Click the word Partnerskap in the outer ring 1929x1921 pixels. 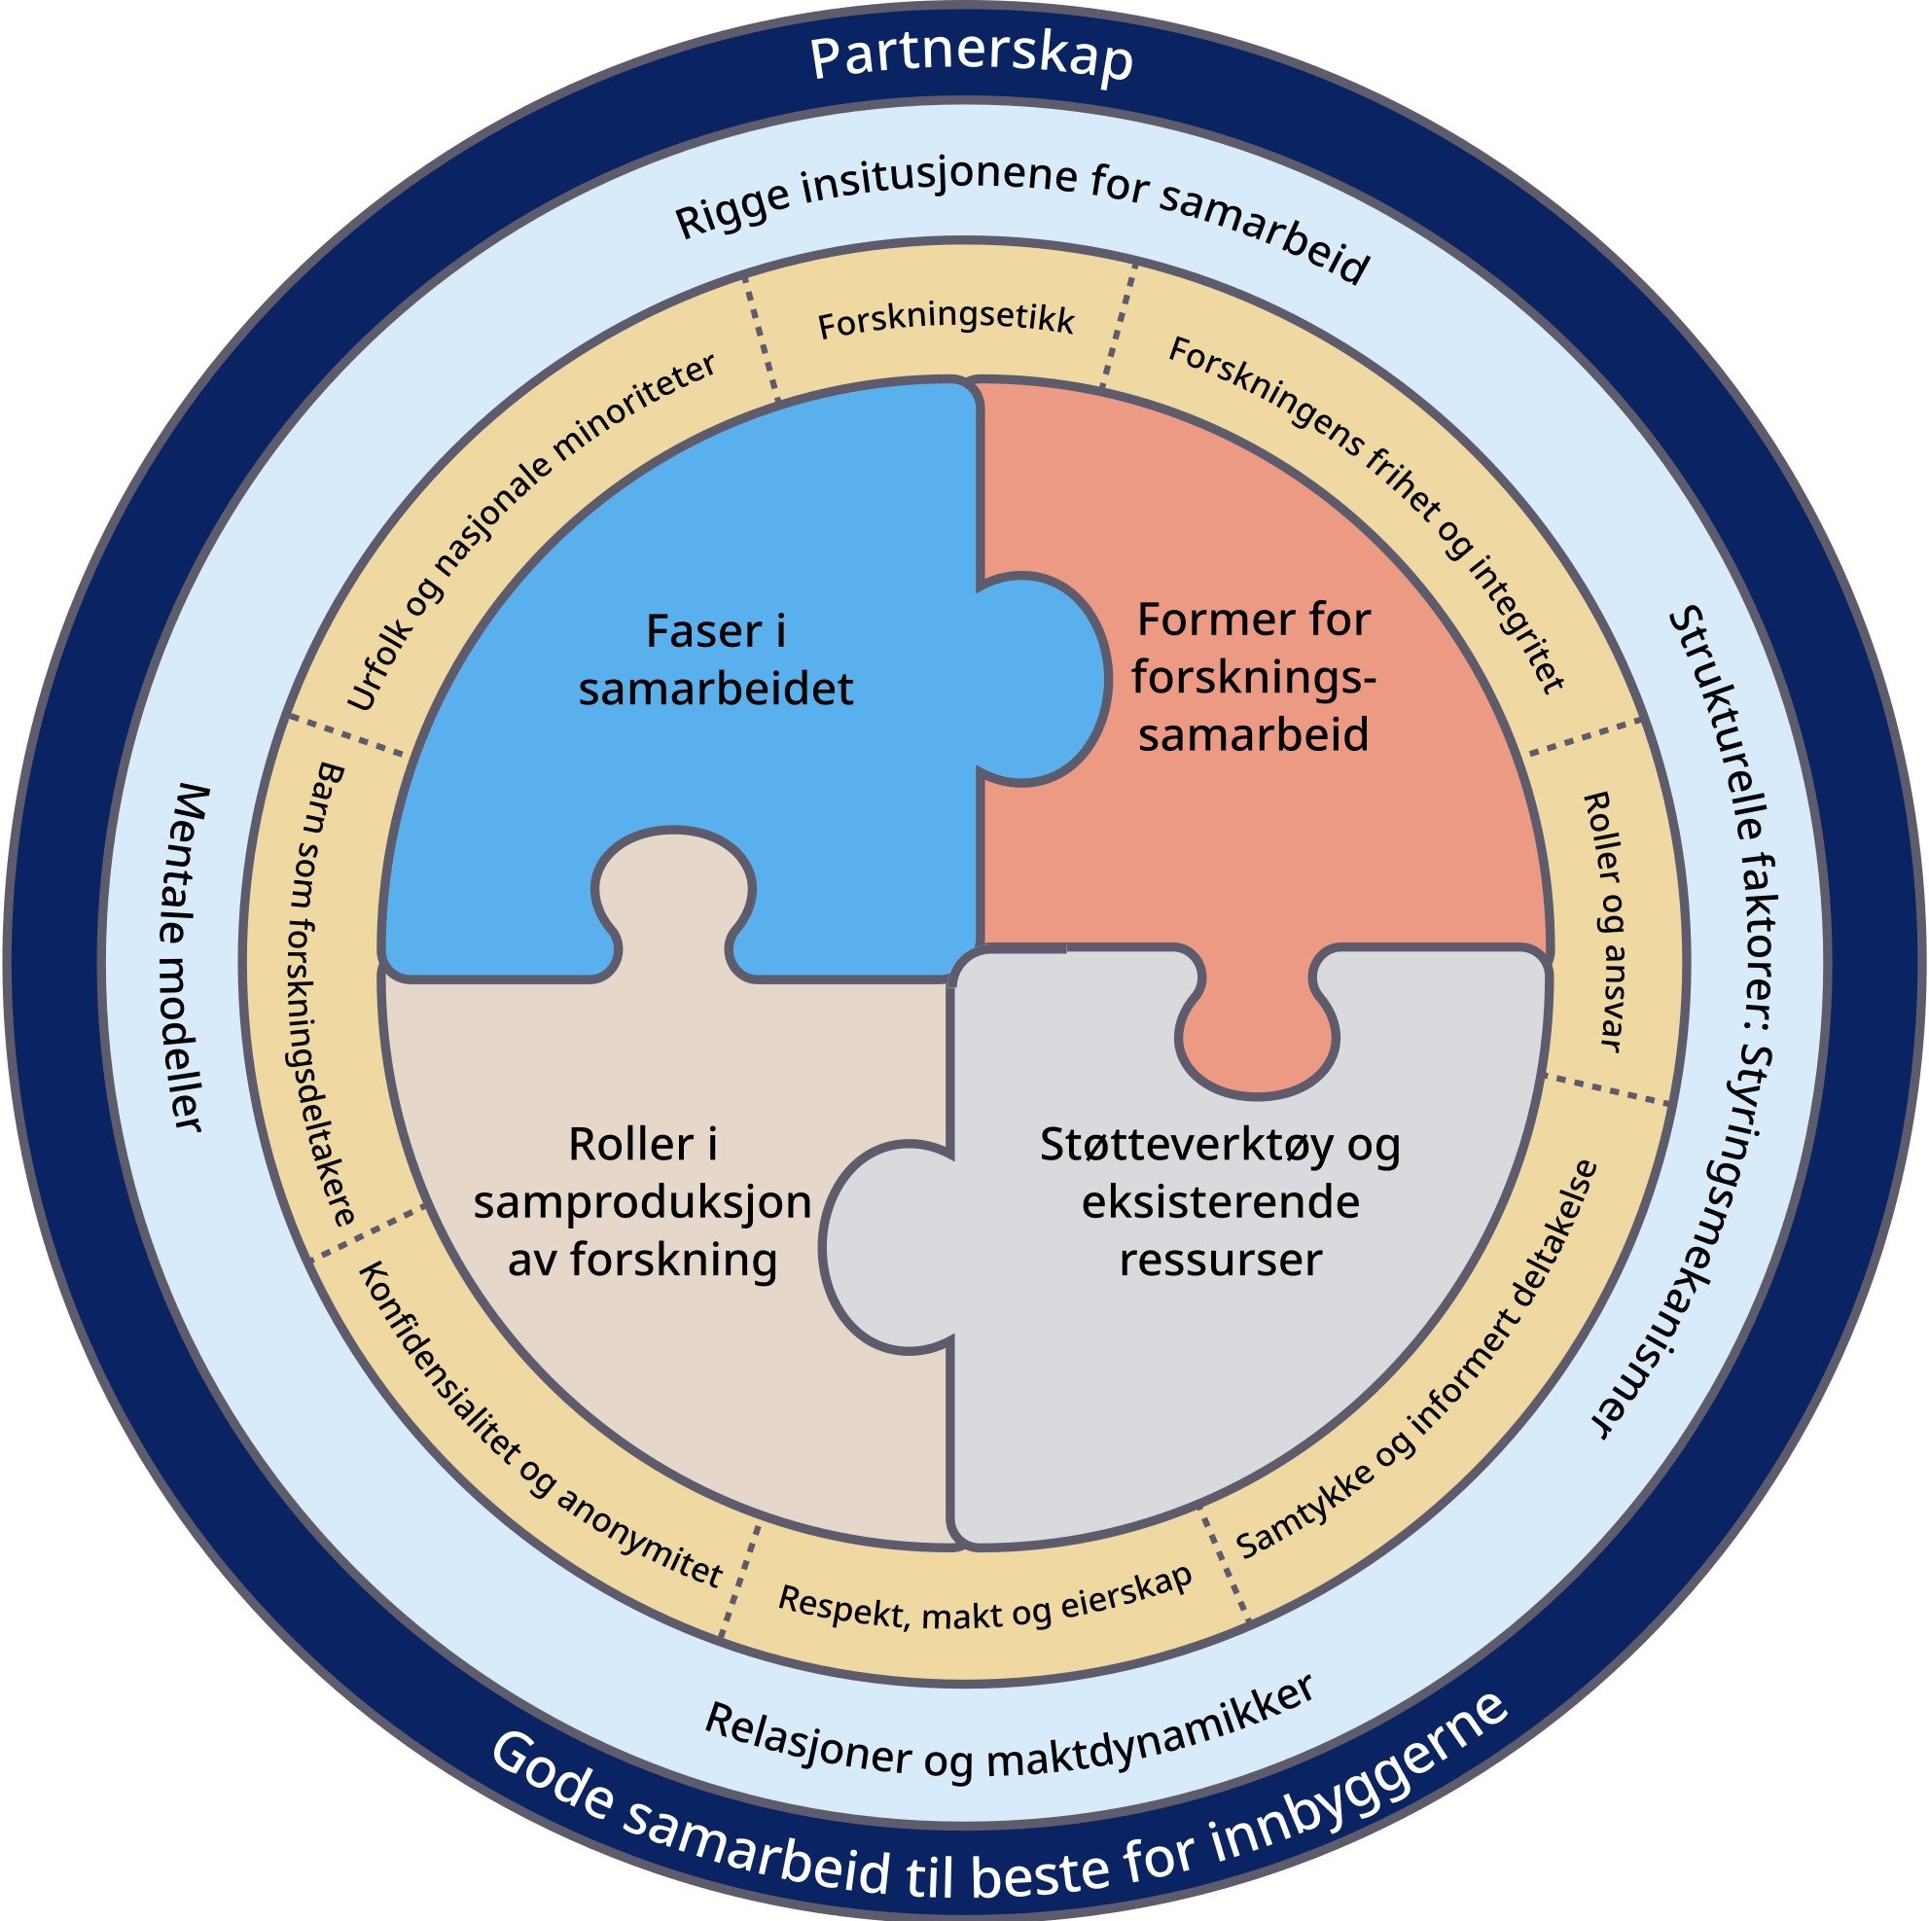coord(971,60)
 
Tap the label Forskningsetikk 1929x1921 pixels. coord(946,323)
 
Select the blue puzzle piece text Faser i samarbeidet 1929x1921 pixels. coord(716,660)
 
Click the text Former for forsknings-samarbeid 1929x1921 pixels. coord(1253,677)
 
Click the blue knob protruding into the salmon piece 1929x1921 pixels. coord(1044,679)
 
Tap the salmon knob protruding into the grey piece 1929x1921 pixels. coord(1256,1039)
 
